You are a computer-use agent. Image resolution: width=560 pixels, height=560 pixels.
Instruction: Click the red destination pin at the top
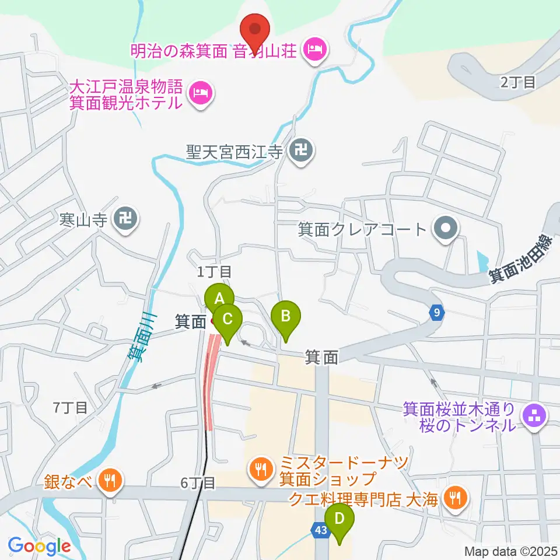(x=255, y=27)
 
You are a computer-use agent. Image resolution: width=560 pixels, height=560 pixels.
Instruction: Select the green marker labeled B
(x=286, y=316)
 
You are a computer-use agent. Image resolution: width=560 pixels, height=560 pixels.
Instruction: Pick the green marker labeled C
(x=228, y=319)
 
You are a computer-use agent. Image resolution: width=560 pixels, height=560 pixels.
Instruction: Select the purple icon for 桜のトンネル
(x=535, y=416)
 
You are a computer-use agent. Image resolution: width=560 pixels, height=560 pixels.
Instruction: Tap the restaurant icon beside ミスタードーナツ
(x=261, y=468)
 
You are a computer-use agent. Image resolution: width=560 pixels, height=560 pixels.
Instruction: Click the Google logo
(x=39, y=546)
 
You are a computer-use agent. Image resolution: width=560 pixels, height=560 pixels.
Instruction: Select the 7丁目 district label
(x=70, y=407)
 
